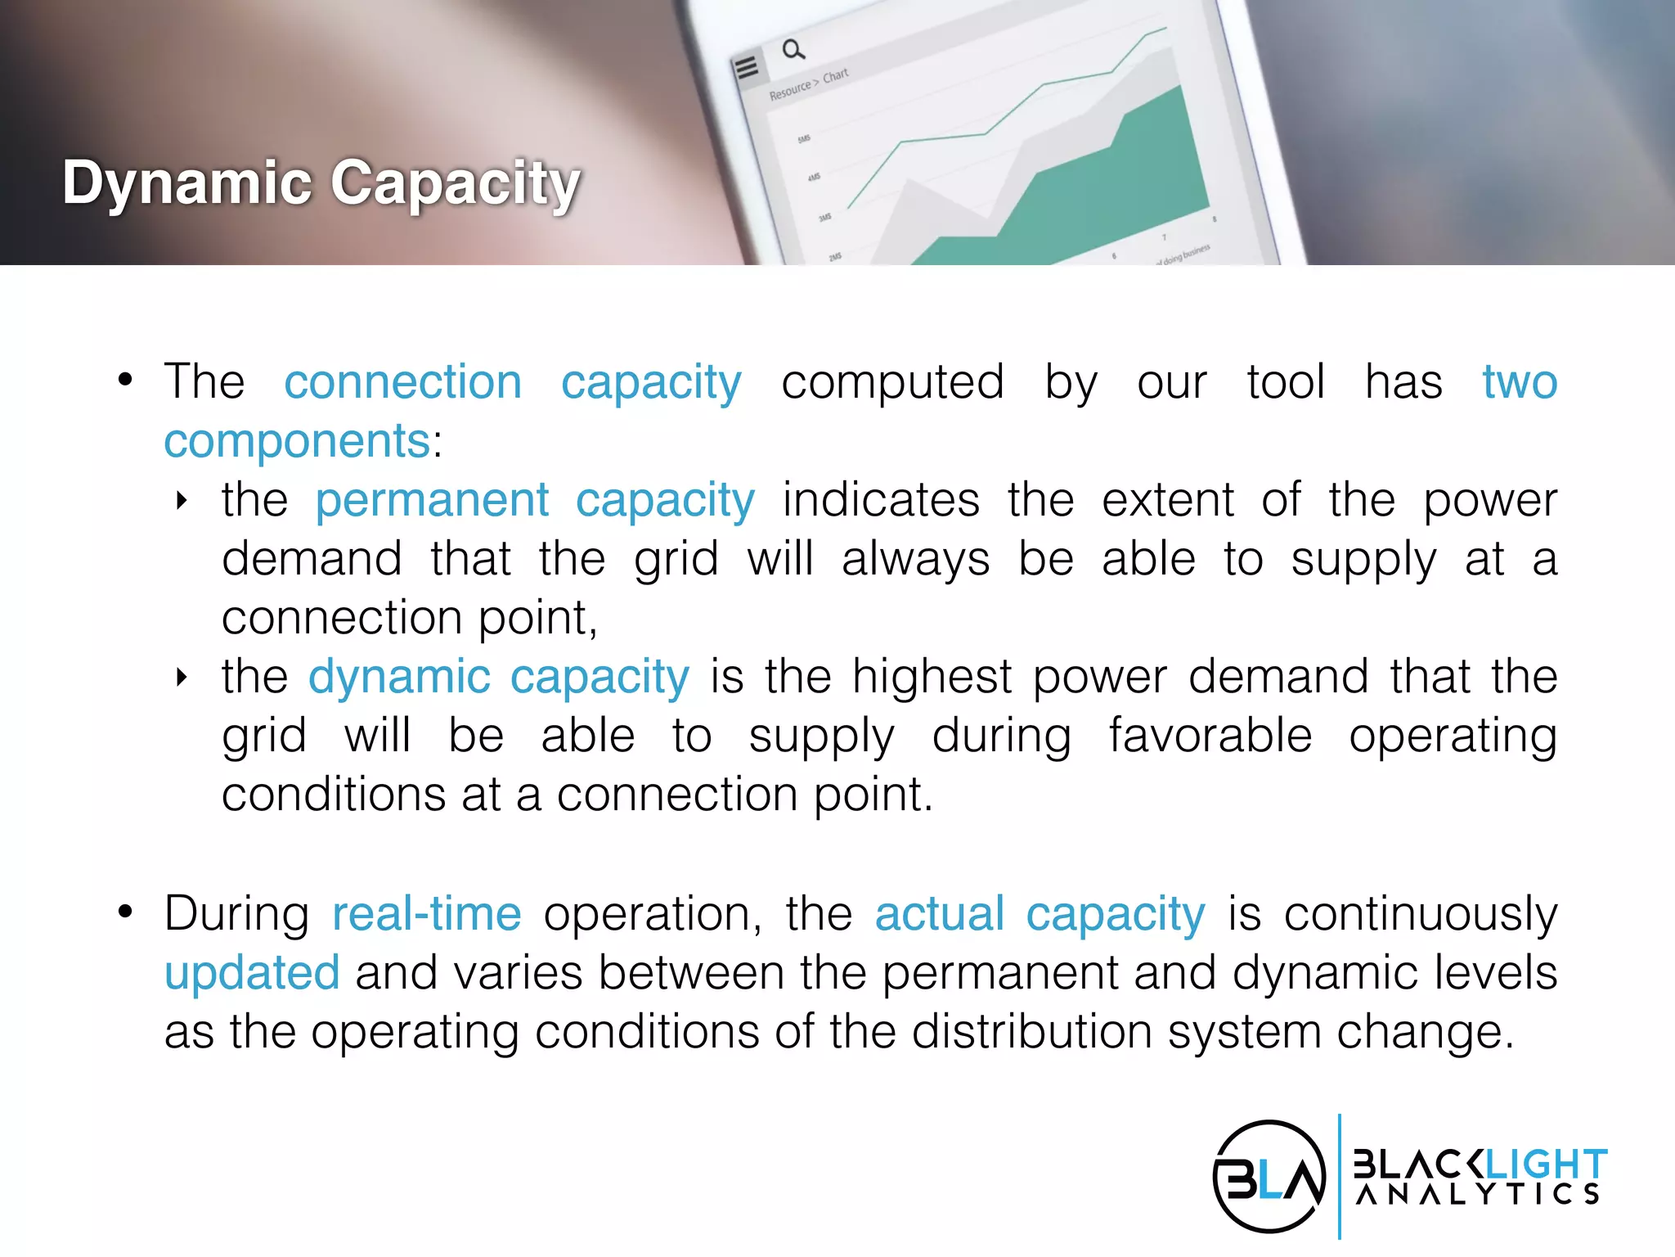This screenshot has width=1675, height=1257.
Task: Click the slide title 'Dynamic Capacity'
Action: tap(321, 182)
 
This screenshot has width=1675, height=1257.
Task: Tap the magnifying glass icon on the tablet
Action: tap(793, 50)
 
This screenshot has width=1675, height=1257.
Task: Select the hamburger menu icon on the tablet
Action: tap(746, 67)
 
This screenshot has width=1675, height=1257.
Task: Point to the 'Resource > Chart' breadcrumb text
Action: tap(808, 84)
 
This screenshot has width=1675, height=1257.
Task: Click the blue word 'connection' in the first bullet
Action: tap(402, 382)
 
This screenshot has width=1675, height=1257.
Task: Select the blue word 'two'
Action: tap(1520, 382)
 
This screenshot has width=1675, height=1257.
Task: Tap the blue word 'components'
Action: tap(297, 441)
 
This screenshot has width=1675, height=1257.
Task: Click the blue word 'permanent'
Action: tap(432, 500)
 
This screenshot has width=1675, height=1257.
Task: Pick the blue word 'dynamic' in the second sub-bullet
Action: tap(399, 677)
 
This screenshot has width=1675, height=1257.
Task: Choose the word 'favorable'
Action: tap(1210, 736)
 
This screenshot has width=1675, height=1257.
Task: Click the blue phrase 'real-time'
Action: tap(426, 914)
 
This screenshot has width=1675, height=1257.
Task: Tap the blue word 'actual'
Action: tap(939, 914)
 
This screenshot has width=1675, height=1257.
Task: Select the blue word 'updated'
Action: tap(252, 973)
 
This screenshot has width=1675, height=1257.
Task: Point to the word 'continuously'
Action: tap(1420, 914)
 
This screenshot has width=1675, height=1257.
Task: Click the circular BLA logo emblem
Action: tap(1269, 1177)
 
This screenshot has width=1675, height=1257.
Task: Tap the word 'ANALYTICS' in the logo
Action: tap(1477, 1194)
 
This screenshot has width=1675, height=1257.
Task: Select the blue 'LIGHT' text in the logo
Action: tap(1545, 1163)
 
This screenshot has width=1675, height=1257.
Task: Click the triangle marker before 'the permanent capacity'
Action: tap(182, 501)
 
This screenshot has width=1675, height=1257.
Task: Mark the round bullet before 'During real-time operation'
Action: tap(125, 912)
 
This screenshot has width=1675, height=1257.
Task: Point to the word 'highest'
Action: tap(932, 677)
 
